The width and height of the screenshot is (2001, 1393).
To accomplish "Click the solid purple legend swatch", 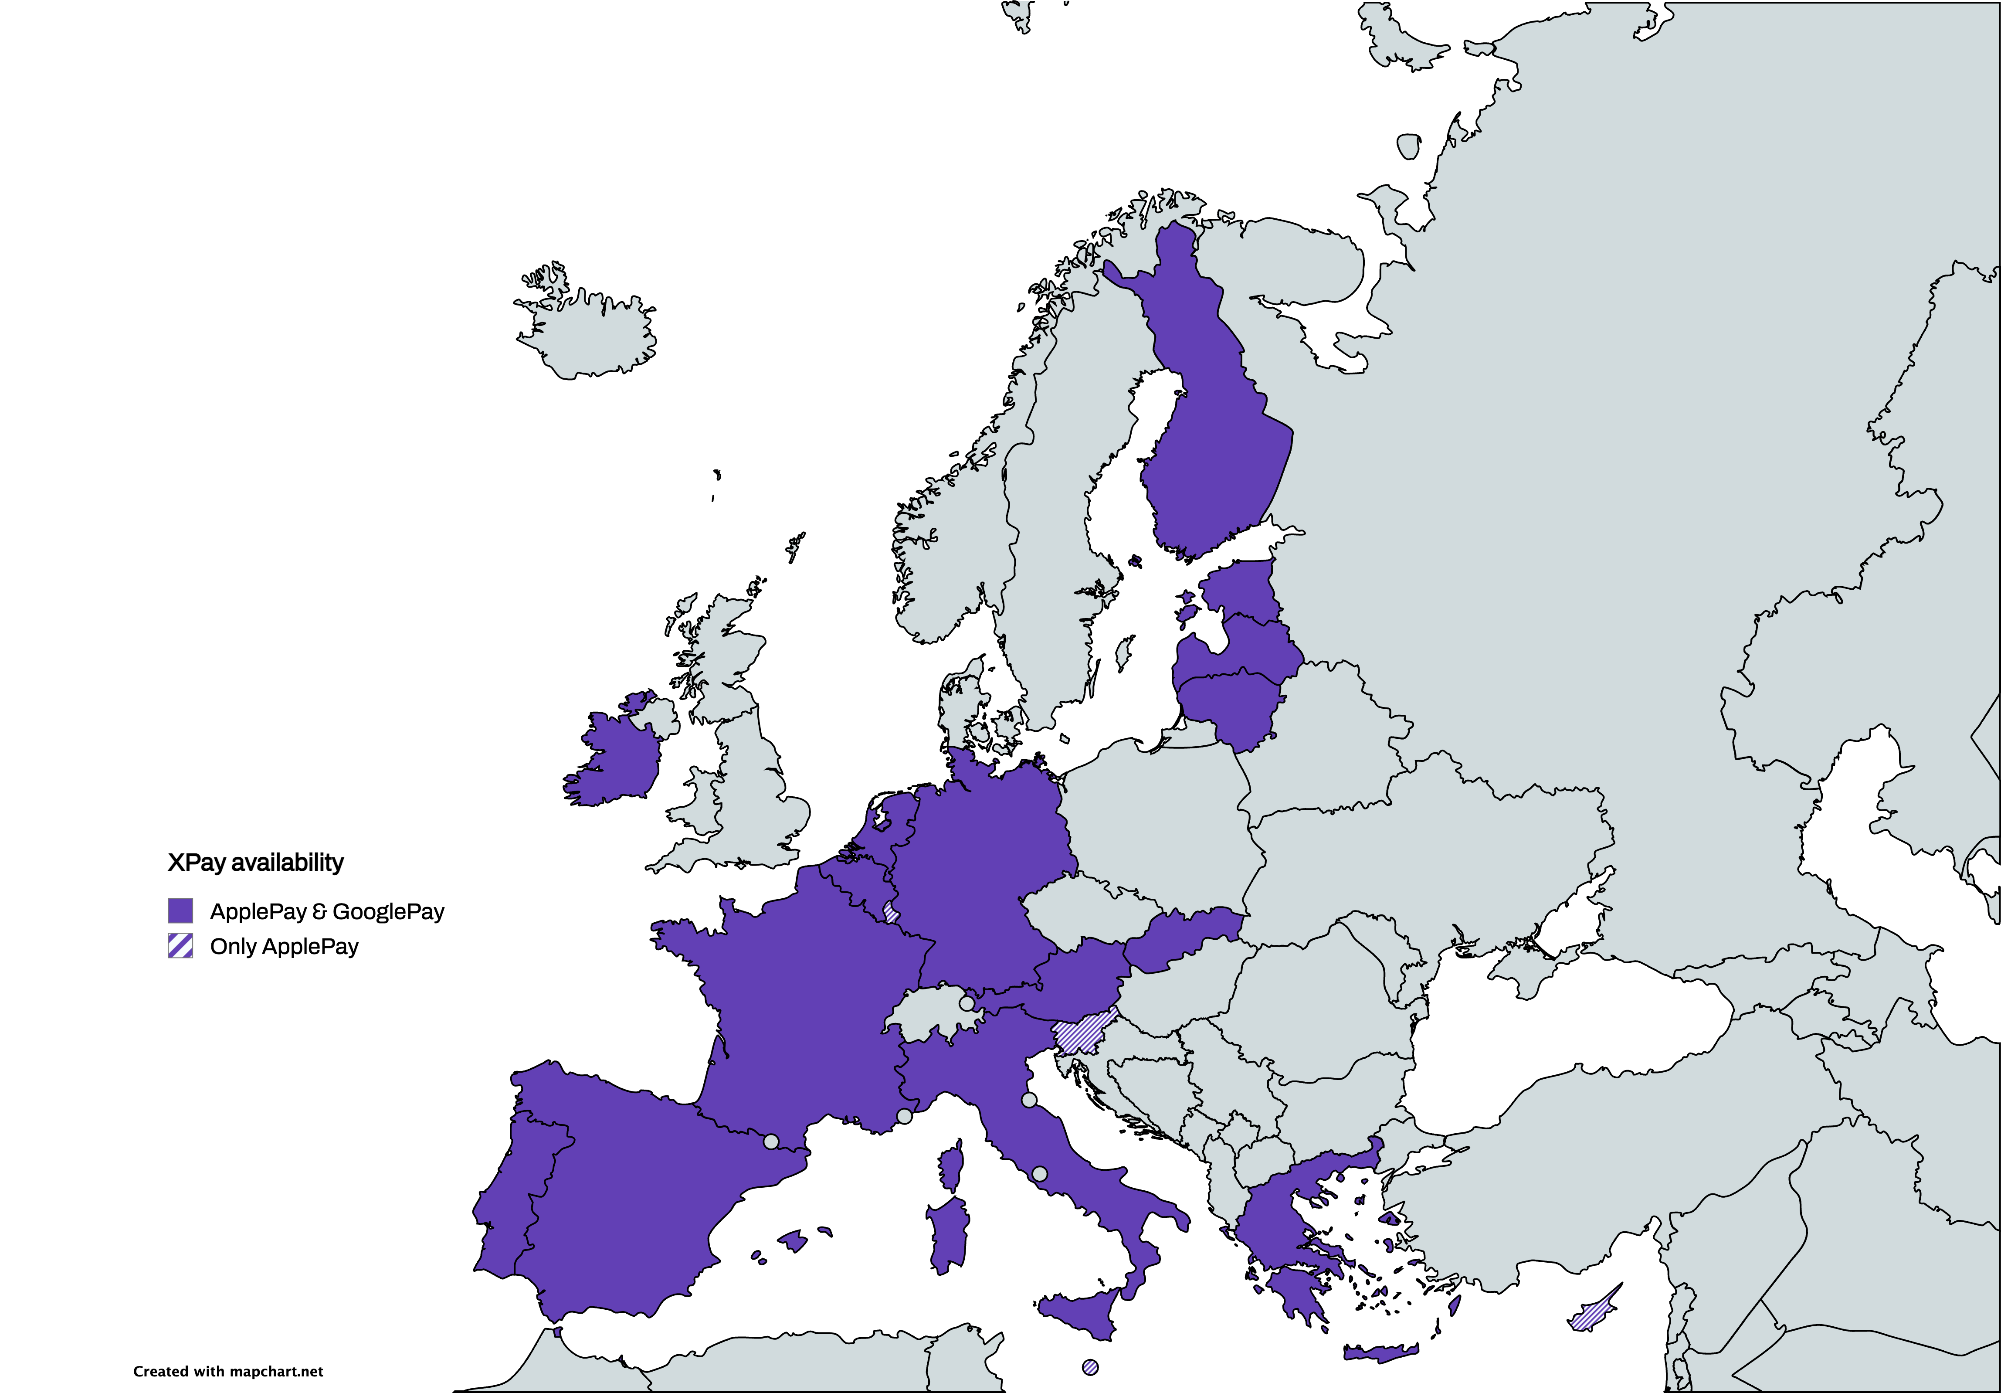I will coord(180,911).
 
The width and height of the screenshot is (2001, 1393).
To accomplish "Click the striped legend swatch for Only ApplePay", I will coord(180,946).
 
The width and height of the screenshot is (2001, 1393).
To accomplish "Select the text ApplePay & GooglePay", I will coord(327,912).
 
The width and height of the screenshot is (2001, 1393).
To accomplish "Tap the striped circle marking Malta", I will coord(1089,1367).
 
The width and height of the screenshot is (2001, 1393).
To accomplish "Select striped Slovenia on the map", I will coord(1083,1035).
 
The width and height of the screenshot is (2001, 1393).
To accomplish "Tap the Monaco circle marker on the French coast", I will coord(905,1116).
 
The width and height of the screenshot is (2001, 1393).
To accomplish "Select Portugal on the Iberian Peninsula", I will coord(510,1203).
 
